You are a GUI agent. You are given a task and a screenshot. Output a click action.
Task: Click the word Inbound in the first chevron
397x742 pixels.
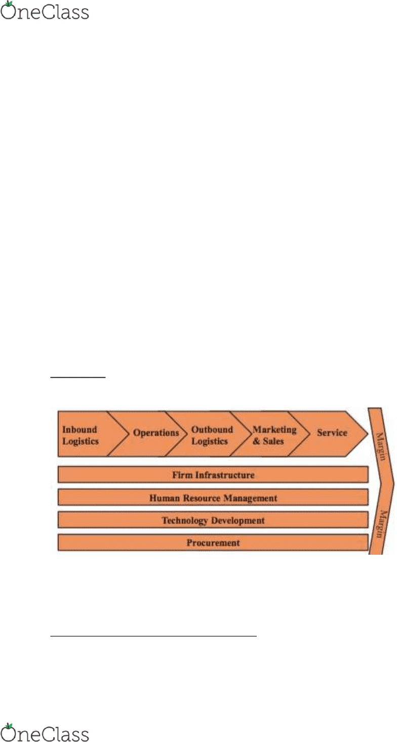(80, 429)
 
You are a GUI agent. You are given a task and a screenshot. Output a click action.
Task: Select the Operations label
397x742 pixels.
(156, 433)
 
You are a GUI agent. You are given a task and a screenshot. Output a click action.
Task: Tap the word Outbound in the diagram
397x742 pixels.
(212, 429)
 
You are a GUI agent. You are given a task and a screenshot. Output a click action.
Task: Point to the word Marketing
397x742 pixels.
(274, 430)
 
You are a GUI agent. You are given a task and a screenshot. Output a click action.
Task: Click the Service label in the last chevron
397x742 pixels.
(332, 433)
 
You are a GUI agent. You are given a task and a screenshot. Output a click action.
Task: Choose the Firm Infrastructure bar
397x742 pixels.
(213, 474)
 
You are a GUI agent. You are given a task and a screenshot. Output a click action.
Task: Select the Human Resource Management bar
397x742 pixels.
(213, 497)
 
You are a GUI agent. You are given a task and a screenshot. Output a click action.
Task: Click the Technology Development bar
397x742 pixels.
(213, 520)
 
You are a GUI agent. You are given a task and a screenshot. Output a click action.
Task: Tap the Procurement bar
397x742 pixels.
(213, 542)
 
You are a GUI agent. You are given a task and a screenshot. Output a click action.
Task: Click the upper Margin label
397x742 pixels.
(381, 446)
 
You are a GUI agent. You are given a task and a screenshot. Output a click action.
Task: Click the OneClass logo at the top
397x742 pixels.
(45, 11)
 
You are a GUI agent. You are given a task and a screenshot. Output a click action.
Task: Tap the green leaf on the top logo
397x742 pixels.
(9, 4)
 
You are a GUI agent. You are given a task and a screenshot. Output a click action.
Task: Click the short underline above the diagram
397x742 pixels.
(78, 377)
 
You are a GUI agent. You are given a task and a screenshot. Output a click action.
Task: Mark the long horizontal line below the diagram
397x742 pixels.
(153, 636)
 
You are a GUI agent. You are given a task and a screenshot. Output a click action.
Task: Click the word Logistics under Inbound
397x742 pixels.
(81, 441)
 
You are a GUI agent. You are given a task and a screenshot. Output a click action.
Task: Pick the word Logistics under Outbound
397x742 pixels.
(210, 441)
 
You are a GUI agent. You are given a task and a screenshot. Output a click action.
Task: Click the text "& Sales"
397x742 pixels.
(268, 441)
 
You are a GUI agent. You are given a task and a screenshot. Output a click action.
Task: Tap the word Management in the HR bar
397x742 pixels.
(251, 498)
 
